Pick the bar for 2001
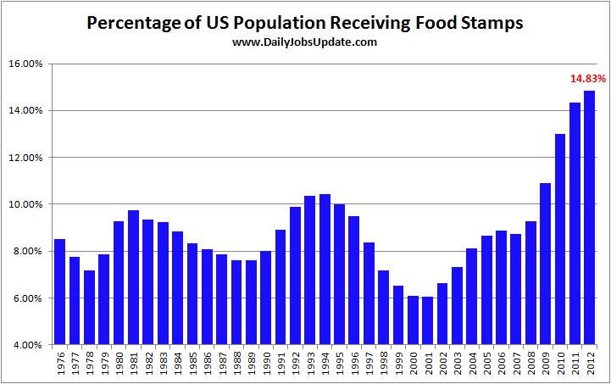[427, 321]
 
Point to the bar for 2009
[545, 264]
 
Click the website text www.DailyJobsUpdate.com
[304, 42]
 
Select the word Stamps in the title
[492, 22]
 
